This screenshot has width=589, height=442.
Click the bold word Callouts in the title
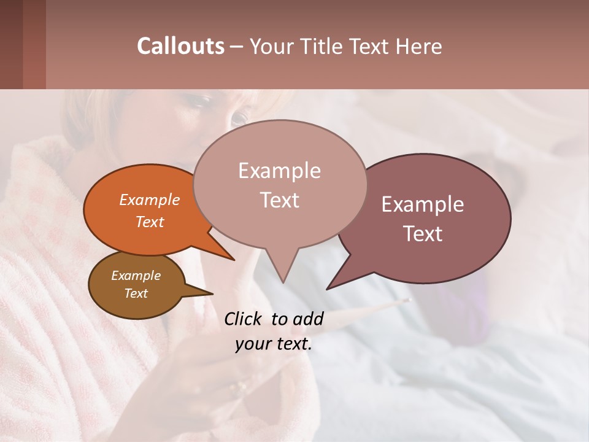180,46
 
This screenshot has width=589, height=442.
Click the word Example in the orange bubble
150,200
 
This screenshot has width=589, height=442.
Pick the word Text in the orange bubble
150,222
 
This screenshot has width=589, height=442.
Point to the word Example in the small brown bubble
136,276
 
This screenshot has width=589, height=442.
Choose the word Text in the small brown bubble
136,293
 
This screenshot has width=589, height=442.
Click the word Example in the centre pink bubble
279,171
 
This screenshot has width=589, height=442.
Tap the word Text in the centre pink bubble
280,200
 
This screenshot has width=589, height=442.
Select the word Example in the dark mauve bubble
423,204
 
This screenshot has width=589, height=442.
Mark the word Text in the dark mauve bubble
423,234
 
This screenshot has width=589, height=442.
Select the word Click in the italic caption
244,319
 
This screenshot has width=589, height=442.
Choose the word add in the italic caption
308,319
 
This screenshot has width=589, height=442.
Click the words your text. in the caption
274,344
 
